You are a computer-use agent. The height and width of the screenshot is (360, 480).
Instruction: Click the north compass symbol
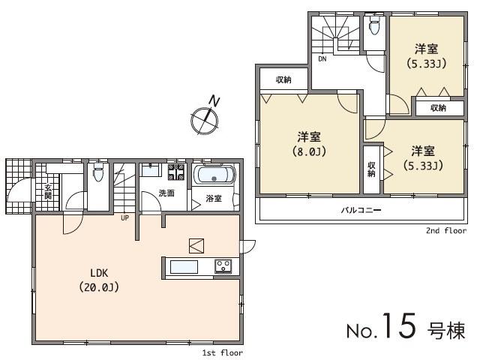click(204, 115)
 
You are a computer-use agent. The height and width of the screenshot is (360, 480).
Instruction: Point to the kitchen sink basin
click(184, 266)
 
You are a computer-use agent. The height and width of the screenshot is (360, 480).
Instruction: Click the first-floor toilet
click(97, 175)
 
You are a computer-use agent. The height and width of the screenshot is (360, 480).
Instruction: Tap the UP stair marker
click(124, 218)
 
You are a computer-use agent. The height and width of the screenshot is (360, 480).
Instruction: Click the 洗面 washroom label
click(166, 193)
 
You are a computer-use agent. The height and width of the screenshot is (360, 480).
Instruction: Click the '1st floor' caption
click(223, 352)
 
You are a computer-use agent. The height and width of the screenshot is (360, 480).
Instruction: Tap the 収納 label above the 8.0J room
click(283, 80)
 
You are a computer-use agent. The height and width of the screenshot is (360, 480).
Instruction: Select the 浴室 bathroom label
click(214, 199)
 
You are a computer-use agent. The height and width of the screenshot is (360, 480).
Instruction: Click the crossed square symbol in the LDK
click(196, 245)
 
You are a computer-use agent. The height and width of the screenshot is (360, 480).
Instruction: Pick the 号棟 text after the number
click(446, 330)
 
